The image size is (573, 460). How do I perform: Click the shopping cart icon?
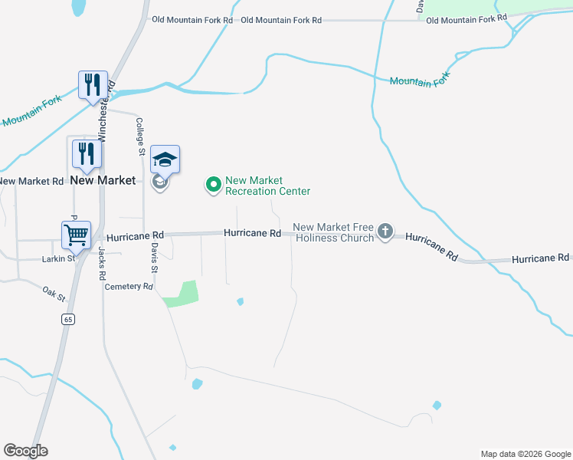point(77,235)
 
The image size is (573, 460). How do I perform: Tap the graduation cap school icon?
point(165,159)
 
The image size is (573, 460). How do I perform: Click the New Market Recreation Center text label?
point(267,186)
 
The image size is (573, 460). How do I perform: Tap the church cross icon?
point(385,232)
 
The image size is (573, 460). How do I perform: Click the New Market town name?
point(102,180)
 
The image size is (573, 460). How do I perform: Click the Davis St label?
point(154,258)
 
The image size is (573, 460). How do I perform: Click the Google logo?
point(26,451)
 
